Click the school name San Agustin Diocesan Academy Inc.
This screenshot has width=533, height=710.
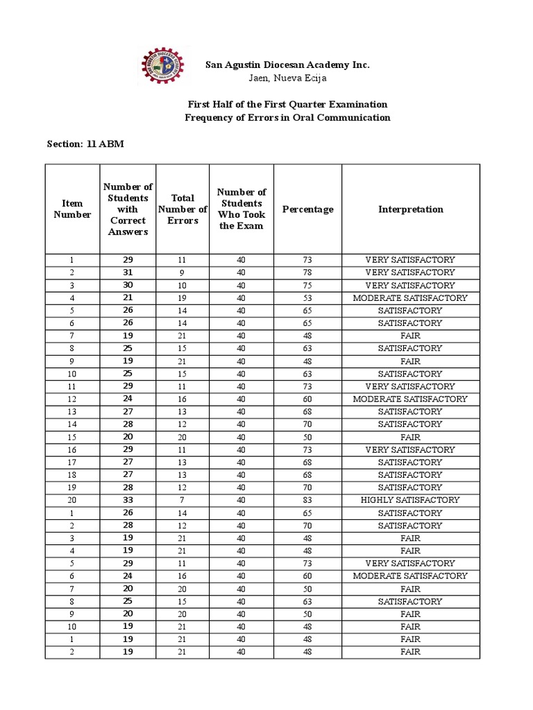[287, 64]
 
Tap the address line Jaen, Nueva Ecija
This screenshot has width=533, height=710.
[287, 78]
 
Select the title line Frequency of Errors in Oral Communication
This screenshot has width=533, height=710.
[287, 117]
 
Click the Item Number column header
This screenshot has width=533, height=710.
[72, 209]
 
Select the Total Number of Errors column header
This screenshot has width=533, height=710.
[183, 209]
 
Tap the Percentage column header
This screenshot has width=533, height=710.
[307, 209]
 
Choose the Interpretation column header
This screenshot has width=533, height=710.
[410, 209]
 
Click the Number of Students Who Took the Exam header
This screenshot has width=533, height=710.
[241, 209]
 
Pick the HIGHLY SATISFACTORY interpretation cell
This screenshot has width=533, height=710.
[410, 500]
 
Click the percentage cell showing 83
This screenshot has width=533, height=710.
[307, 500]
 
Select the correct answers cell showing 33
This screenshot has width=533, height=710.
[128, 500]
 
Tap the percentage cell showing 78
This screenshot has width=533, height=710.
[307, 272]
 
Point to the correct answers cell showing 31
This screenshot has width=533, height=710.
[128, 272]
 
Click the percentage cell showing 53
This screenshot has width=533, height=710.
[307, 297]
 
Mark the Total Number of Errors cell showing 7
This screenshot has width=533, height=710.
[183, 500]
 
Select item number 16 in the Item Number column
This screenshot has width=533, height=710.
[72, 449]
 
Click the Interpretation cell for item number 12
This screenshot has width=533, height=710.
[410, 399]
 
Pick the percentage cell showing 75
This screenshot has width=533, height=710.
[307, 285]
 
